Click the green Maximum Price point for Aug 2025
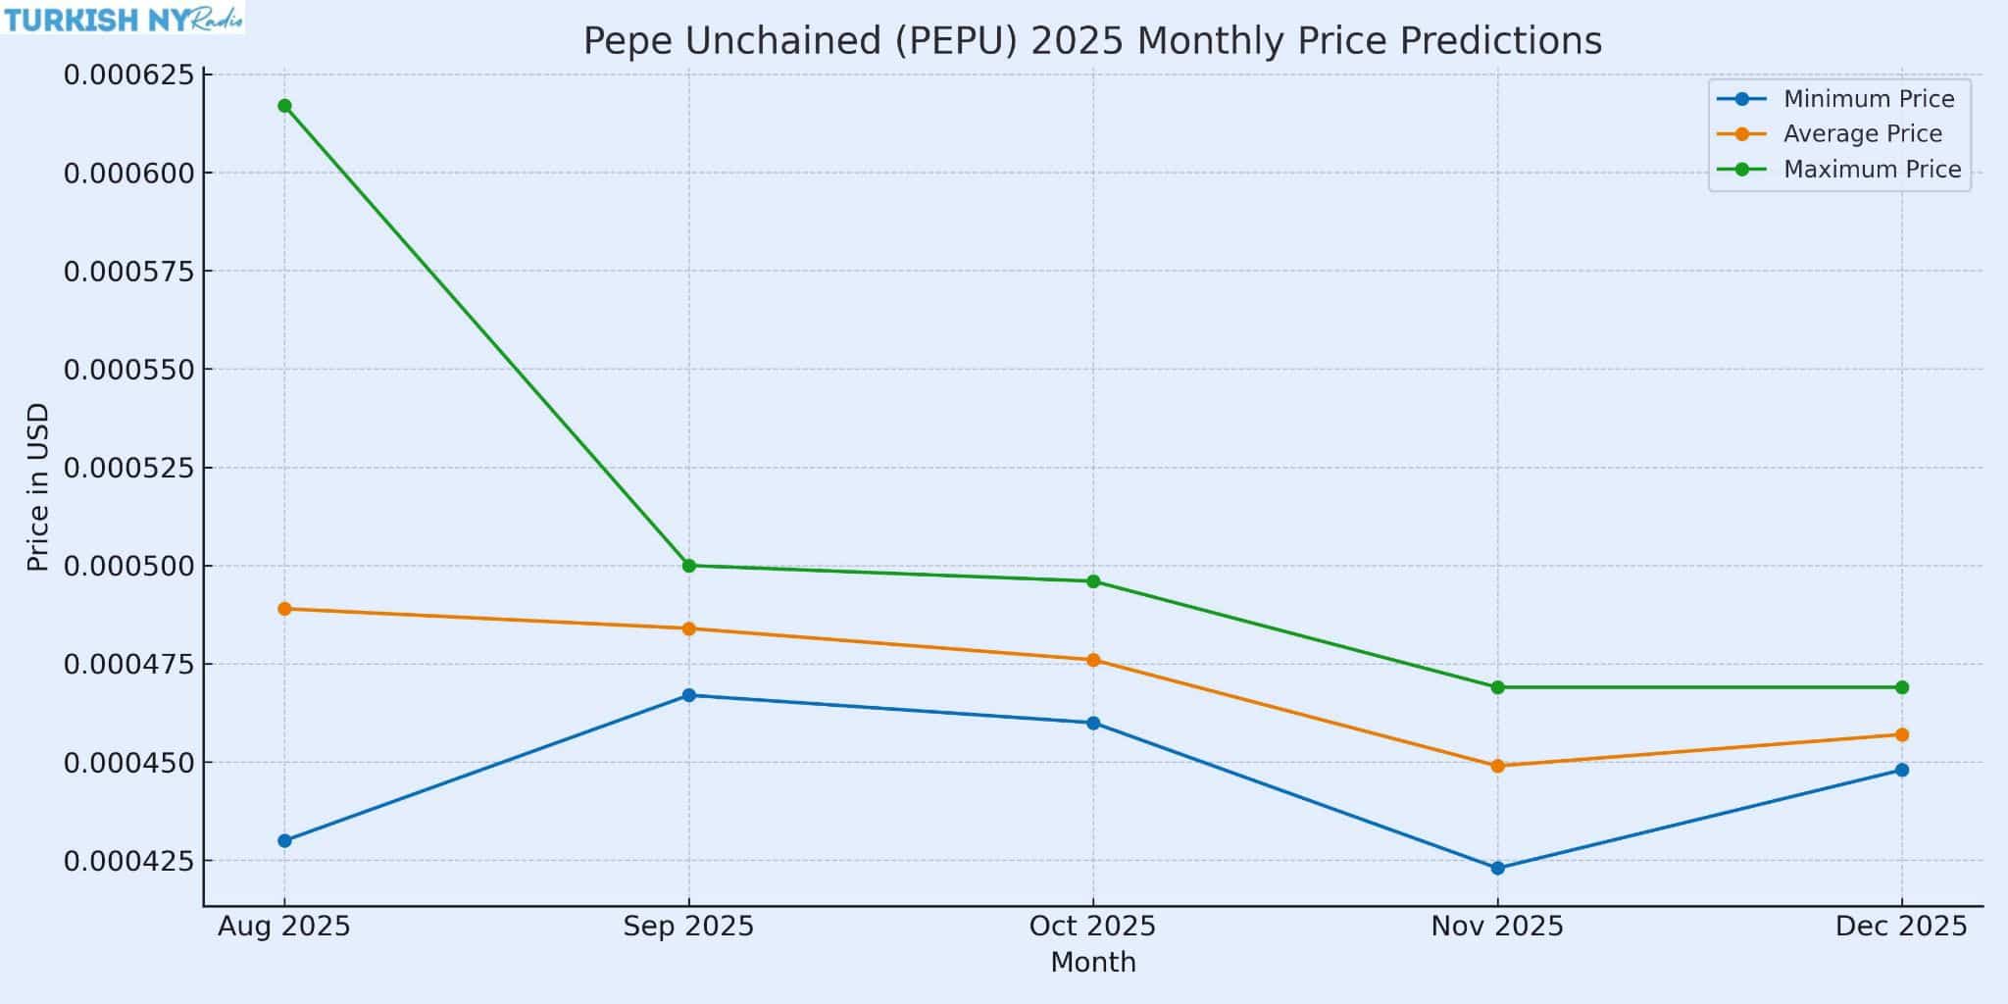point(284,106)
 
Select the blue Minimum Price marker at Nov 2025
point(1497,868)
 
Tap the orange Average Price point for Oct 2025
point(1093,660)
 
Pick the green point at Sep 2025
point(688,566)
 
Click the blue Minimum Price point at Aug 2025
point(284,840)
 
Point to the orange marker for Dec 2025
point(1901,734)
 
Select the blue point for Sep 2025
point(688,695)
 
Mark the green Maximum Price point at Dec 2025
point(1901,687)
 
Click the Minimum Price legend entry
point(1868,99)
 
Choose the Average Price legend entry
point(1862,134)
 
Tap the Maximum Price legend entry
point(1871,170)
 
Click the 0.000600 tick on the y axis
point(130,174)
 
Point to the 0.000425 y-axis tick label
point(130,862)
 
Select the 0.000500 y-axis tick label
point(130,567)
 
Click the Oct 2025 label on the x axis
point(1092,927)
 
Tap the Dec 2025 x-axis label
point(1901,927)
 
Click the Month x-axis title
point(1092,963)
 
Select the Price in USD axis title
point(38,487)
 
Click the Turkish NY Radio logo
point(123,19)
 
